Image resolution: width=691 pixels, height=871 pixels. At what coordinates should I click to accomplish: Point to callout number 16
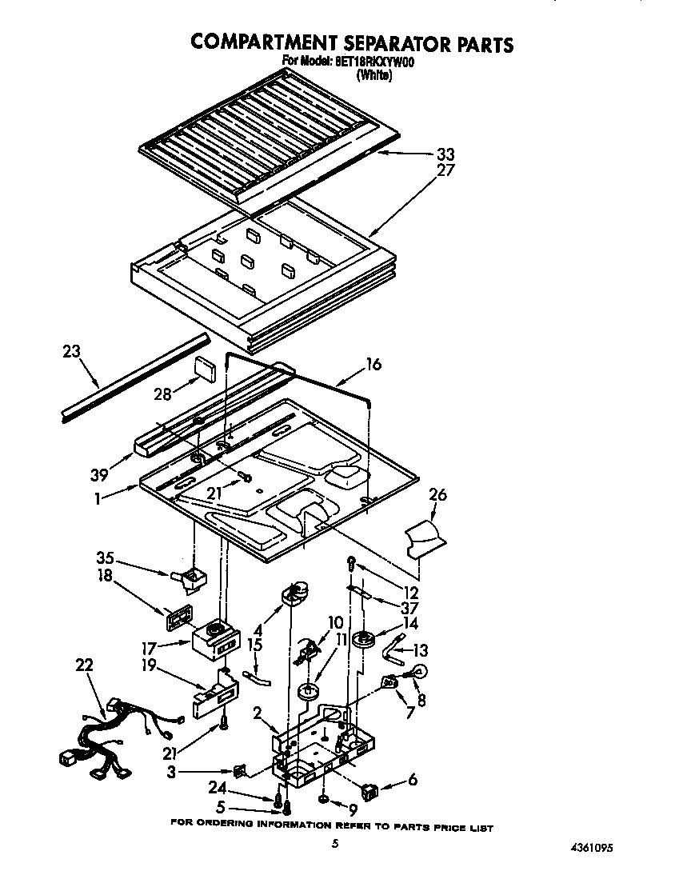373,365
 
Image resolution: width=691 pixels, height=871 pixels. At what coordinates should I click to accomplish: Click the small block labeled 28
207,370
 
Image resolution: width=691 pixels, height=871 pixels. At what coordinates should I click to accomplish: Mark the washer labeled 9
323,801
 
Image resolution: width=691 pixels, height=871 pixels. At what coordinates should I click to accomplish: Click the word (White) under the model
375,76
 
